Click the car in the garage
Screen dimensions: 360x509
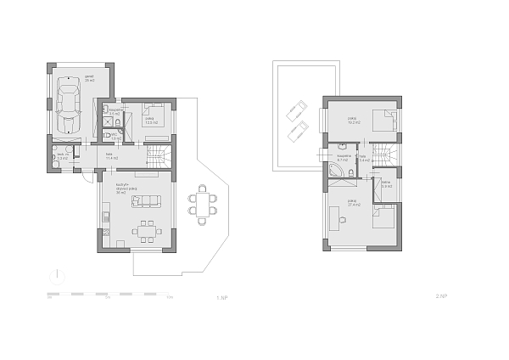[68, 108]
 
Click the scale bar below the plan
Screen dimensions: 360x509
[110, 294]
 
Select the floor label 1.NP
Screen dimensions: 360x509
[223, 298]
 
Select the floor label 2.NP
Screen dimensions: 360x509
[441, 298]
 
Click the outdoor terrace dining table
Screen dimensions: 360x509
[202, 204]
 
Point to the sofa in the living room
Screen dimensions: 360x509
[151, 200]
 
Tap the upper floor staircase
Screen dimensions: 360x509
[386, 155]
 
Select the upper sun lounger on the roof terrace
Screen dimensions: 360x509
[298, 109]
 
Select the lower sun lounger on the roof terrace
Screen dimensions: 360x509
[298, 131]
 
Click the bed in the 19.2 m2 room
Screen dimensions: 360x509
[385, 121]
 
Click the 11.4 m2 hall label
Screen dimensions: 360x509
[110, 156]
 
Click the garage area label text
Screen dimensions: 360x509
[88, 77]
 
